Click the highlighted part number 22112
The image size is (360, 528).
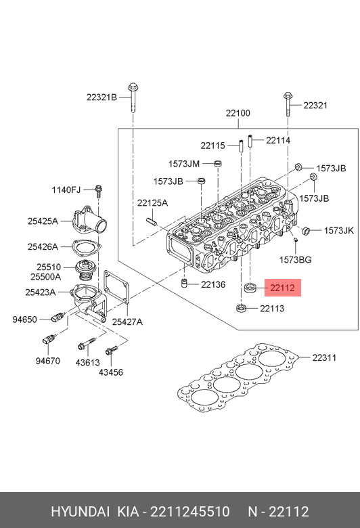pyautogui.click(x=282, y=288)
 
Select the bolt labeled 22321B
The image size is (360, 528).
pyautogui.click(x=133, y=97)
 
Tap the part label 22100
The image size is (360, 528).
pyautogui.click(x=238, y=113)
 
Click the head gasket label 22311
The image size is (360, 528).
pyautogui.click(x=324, y=357)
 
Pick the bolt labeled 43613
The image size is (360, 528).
pyautogui.click(x=86, y=344)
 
